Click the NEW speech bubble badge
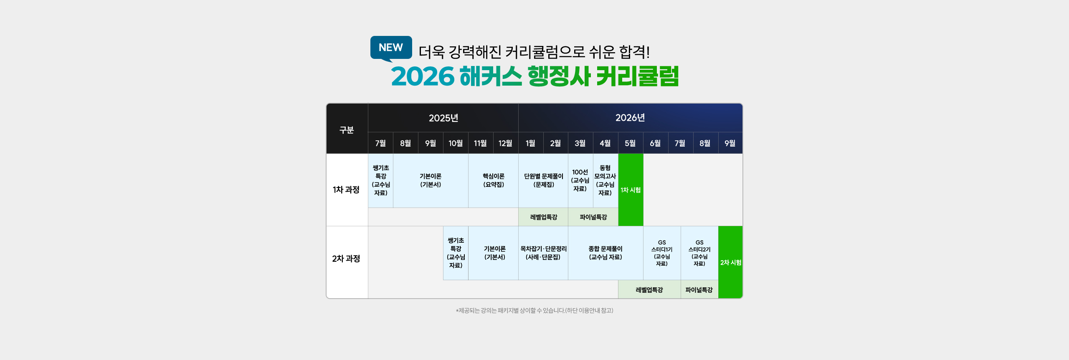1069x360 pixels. [x=391, y=48]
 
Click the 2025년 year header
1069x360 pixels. [x=443, y=118]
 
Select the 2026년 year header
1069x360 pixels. [x=630, y=118]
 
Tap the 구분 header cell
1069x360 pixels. [x=347, y=130]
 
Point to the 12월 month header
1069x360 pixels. [x=505, y=143]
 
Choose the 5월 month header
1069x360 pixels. [x=630, y=143]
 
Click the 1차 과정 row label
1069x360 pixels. [x=346, y=190]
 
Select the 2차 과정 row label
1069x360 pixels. [x=346, y=259]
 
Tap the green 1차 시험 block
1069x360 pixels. [x=631, y=190]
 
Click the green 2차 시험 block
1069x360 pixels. [x=730, y=262]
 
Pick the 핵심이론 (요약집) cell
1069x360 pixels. [x=493, y=180]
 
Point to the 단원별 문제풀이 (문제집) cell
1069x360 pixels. [x=543, y=180]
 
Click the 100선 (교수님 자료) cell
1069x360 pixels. [x=580, y=180]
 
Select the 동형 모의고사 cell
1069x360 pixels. [x=605, y=180]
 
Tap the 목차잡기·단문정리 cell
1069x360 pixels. [x=543, y=253]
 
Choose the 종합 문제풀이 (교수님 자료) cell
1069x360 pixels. [x=605, y=253]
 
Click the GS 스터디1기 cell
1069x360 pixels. [x=662, y=253]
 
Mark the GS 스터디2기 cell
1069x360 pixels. [x=699, y=253]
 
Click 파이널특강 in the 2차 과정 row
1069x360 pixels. [x=699, y=290]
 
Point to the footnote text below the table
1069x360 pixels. [x=534, y=311]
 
